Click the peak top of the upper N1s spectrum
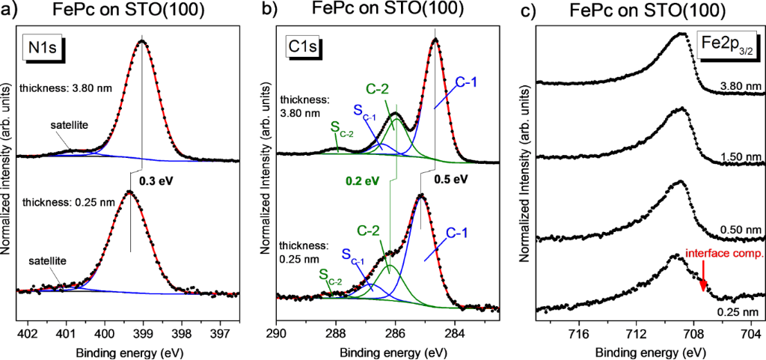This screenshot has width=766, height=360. click(x=142, y=42)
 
